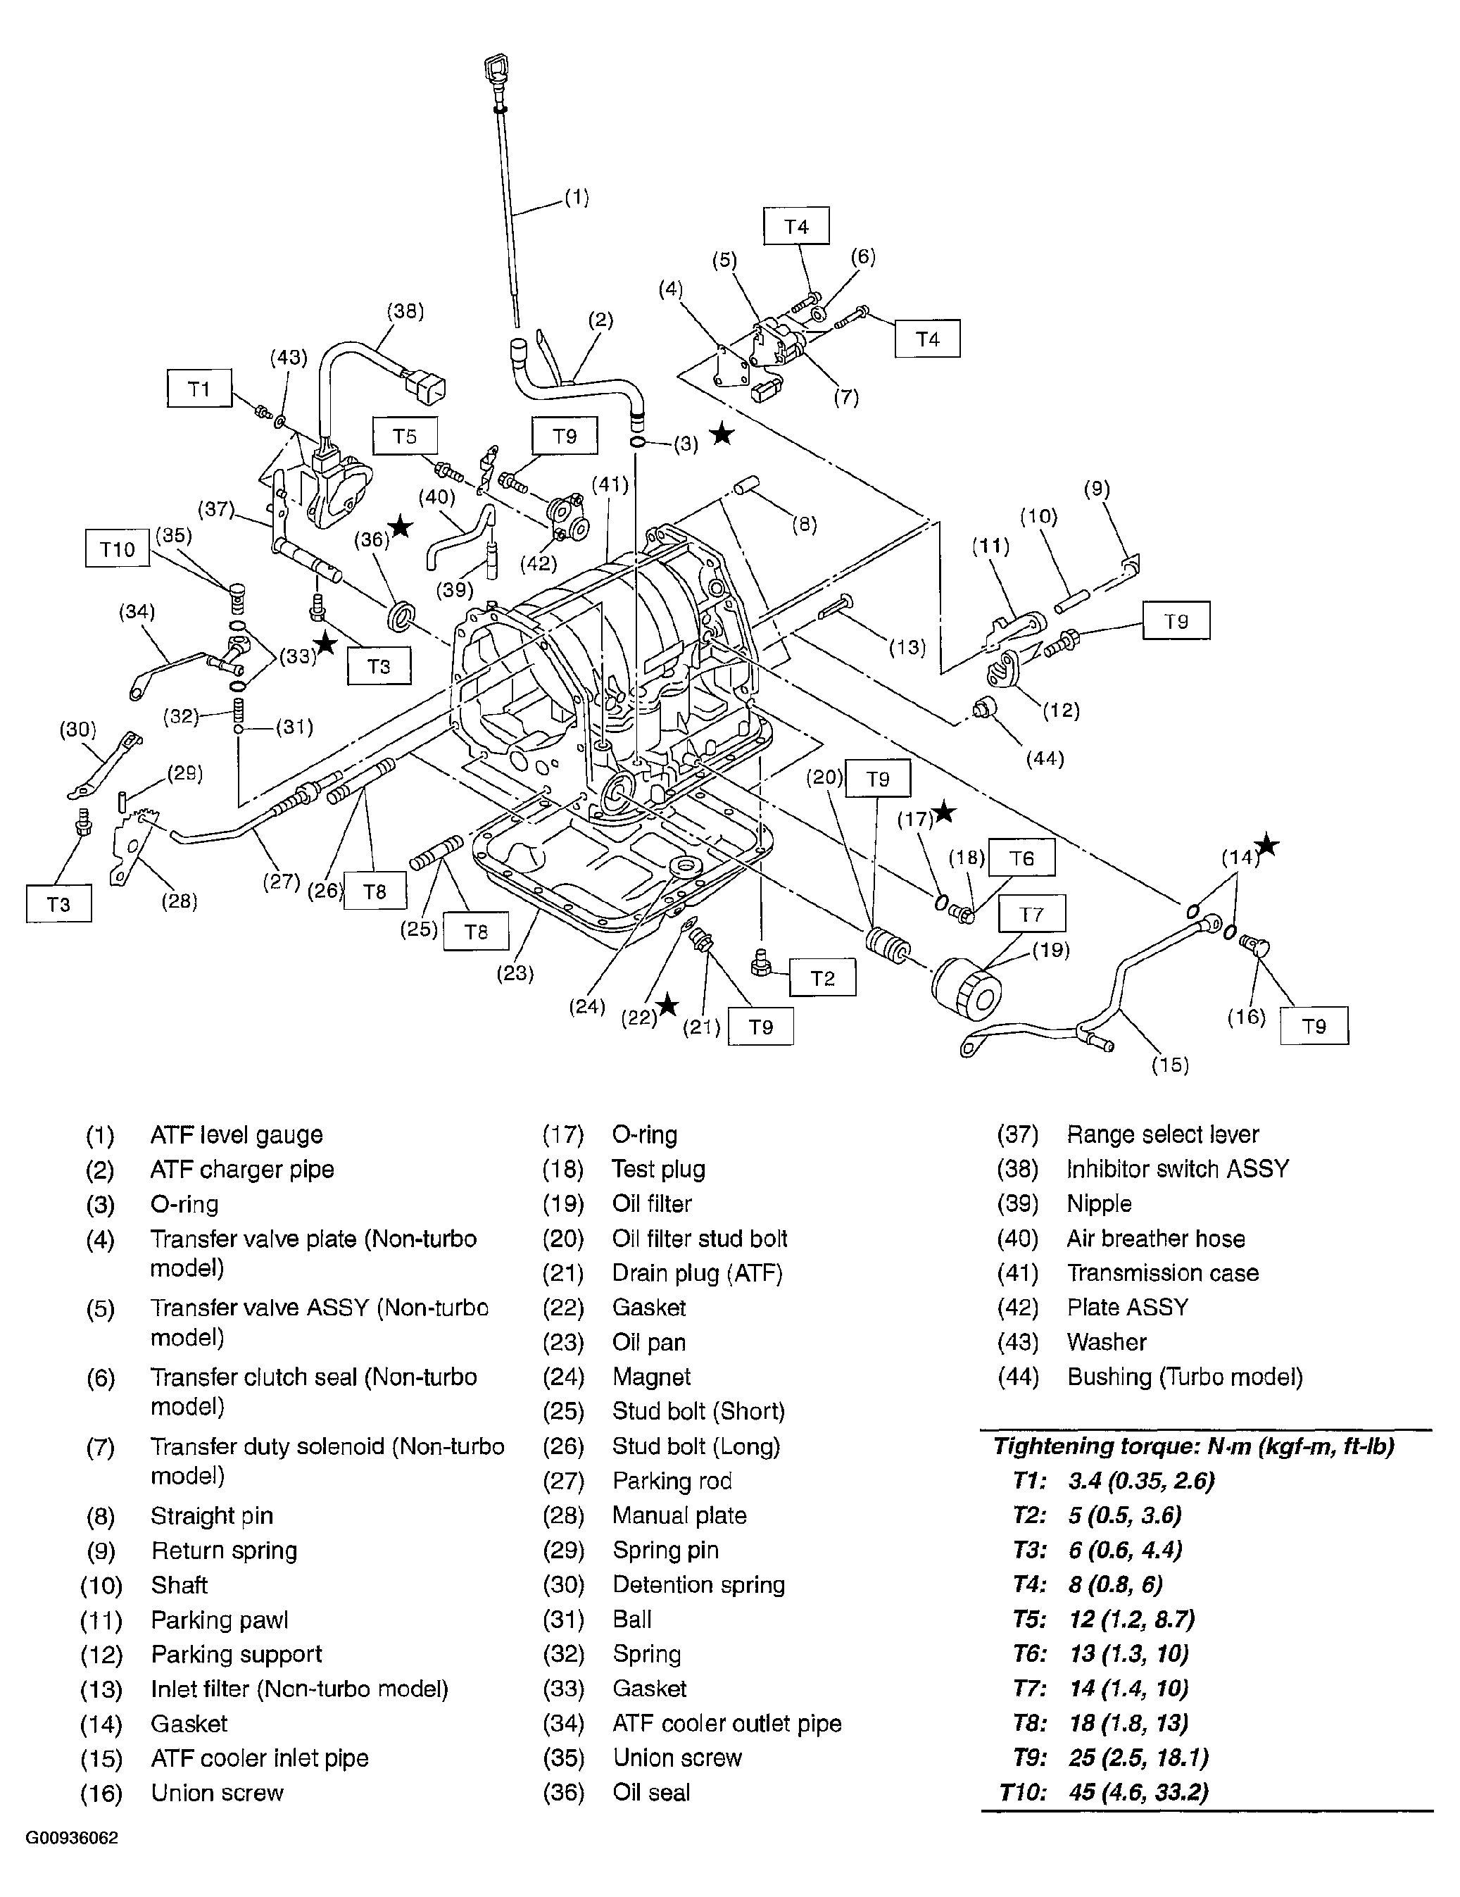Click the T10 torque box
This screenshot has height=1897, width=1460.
coord(118,549)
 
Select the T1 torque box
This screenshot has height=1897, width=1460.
coord(199,388)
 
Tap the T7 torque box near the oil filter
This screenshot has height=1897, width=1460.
coord(1031,914)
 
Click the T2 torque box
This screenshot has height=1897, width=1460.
coord(822,978)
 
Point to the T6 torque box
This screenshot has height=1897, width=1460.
coord(1021,858)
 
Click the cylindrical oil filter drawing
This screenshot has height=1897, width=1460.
coord(966,989)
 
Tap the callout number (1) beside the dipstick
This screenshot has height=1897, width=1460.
coord(577,197)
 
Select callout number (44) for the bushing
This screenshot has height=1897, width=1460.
coord(1044,758)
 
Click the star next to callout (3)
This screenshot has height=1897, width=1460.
coord(722,434)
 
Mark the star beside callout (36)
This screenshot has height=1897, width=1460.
coord(401,527)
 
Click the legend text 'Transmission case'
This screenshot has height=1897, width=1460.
coord(1162,1272)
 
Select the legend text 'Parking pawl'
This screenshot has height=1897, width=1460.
coord(219,1620)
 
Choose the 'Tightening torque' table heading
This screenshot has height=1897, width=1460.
coord(1193,1446)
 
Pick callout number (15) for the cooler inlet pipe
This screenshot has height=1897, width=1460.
coord(1169,1065)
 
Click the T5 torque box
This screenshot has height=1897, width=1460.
coord(405,436)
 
